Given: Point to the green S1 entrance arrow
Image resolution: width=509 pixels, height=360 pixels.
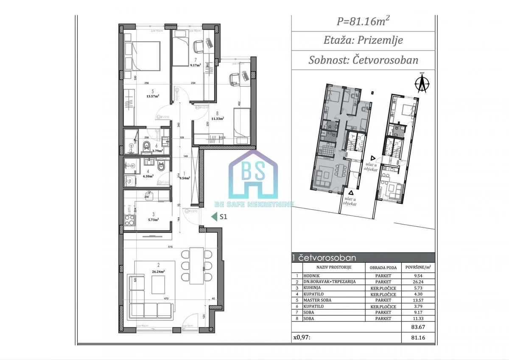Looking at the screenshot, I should [x=214, y=217].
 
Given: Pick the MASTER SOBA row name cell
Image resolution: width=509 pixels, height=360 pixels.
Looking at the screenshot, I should [x=317, y=300].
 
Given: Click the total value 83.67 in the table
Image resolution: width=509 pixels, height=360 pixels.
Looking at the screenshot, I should [x=418, y=327].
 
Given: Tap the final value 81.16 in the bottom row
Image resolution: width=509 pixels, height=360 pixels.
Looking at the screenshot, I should [x=418, y=338].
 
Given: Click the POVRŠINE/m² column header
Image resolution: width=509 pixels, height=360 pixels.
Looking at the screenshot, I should [x=418, y=267].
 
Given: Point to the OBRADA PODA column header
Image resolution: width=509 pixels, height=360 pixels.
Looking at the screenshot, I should [x=383, y=267].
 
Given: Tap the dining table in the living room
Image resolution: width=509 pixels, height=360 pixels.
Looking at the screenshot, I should [x=196, y=266].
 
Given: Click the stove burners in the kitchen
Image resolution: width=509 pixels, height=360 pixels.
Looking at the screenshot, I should [x=129, y=220].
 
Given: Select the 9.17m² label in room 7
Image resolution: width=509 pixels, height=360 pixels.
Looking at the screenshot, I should [x=196, y=65].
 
